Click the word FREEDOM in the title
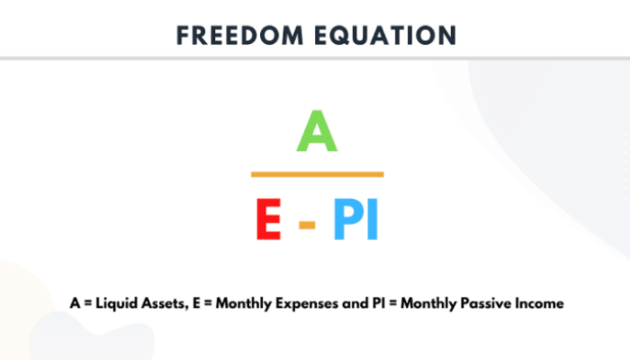point(240,35)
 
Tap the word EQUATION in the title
point(386,35)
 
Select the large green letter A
point(317,131)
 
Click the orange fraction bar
point(318,175)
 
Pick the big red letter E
point(269,219)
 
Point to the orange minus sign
point(307,225)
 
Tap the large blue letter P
point(348,219)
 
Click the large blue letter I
point(373,219)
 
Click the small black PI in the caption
point(379,303)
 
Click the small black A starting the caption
point(75,303)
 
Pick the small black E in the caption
point(196,303)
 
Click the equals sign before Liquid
point(88,304)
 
